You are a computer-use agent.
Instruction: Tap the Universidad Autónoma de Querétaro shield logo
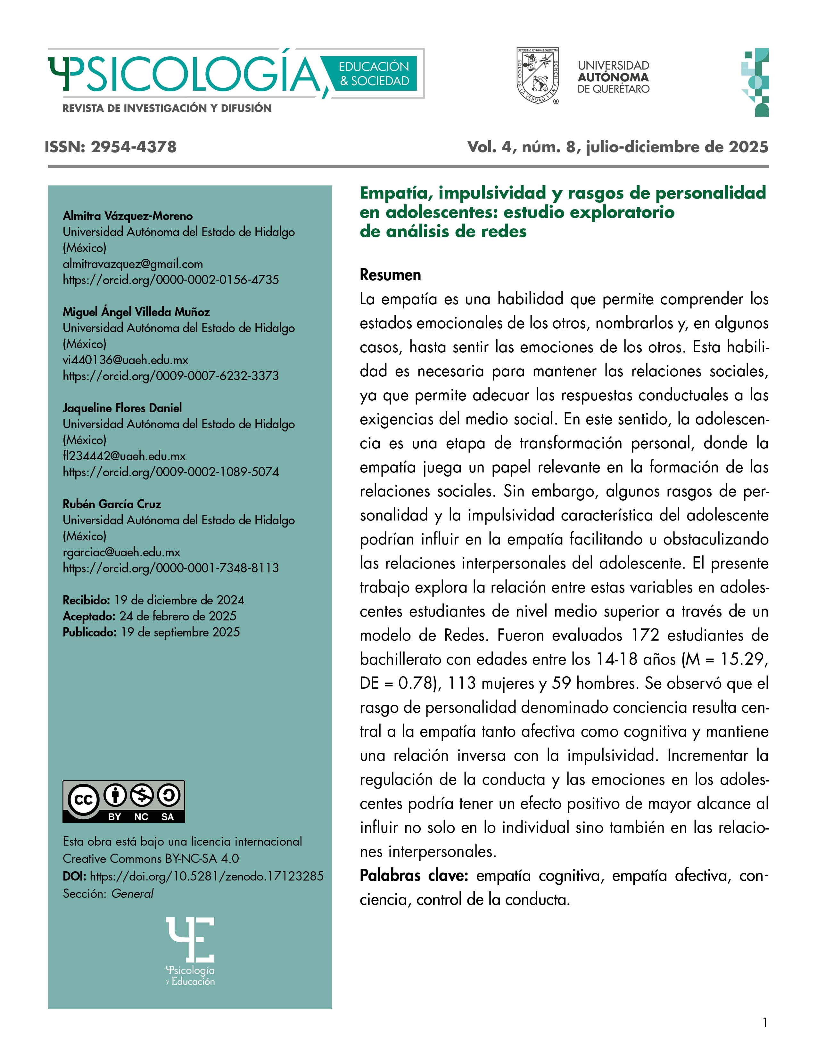click(537, 76)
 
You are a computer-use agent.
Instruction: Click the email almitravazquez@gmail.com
click(133, 264)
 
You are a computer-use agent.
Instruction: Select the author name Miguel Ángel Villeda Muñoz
click(136, 312)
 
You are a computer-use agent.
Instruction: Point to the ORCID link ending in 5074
click(171, 472)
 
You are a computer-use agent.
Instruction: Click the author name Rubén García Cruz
click(112, 504)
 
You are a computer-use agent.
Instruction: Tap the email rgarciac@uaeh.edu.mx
click(121, 552)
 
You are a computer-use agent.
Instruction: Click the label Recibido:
click(87, 600)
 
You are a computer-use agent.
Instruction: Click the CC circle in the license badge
click(83, 799)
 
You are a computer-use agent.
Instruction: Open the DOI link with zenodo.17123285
click(207, 876)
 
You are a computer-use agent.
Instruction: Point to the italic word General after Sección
click(132, 893)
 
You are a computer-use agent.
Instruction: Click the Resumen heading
click(390, 275)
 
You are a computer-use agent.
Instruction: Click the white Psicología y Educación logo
click(190, 951)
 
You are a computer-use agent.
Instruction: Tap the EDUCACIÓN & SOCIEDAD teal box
click(374, 74)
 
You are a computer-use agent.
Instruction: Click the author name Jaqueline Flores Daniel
click(122, 408)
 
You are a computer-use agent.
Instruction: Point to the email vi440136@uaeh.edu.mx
click(125, 360)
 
